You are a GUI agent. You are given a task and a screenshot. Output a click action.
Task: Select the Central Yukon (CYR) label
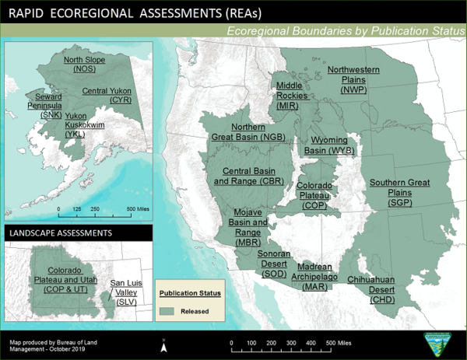tap(107, 96)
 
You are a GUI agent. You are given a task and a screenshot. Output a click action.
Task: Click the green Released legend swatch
tap(172, 309)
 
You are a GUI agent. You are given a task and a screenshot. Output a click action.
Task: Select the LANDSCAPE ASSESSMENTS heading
tap(60, 232)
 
